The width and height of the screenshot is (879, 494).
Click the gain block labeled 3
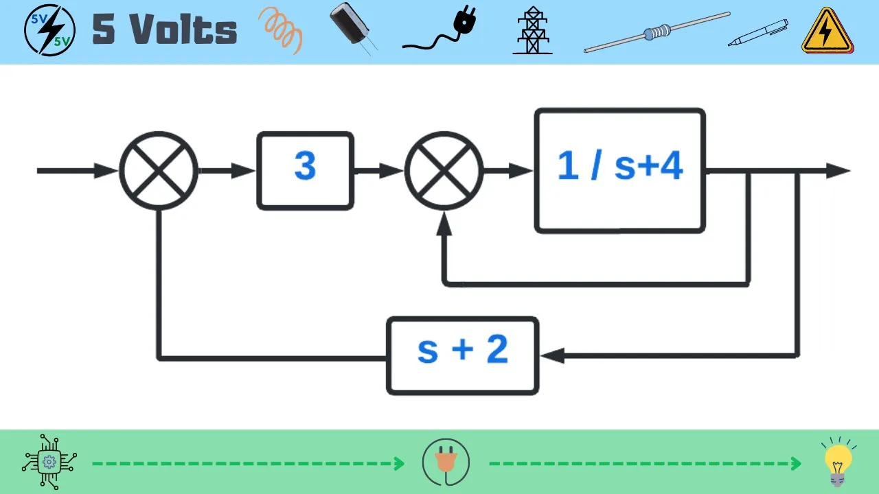305,171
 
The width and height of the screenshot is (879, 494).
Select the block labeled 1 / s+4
619,171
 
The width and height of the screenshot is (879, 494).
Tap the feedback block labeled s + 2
462,355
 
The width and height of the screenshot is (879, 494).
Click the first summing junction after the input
159,171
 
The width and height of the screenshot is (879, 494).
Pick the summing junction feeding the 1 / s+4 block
444,171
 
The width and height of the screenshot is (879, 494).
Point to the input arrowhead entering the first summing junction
107,171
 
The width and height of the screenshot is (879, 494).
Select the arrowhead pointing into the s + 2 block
552,355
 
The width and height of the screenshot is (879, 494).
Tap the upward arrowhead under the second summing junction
444,223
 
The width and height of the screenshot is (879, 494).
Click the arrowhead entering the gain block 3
244,171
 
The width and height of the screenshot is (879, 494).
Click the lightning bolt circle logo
49,30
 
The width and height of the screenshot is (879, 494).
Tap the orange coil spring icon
281,31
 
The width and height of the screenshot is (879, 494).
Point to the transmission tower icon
532,31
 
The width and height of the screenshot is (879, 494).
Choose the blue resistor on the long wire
657,32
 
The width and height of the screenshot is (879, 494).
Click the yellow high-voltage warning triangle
827,32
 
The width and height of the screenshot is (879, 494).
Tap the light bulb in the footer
837,461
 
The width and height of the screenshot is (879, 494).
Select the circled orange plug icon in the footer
446,462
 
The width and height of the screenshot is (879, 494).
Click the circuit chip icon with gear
49,461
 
